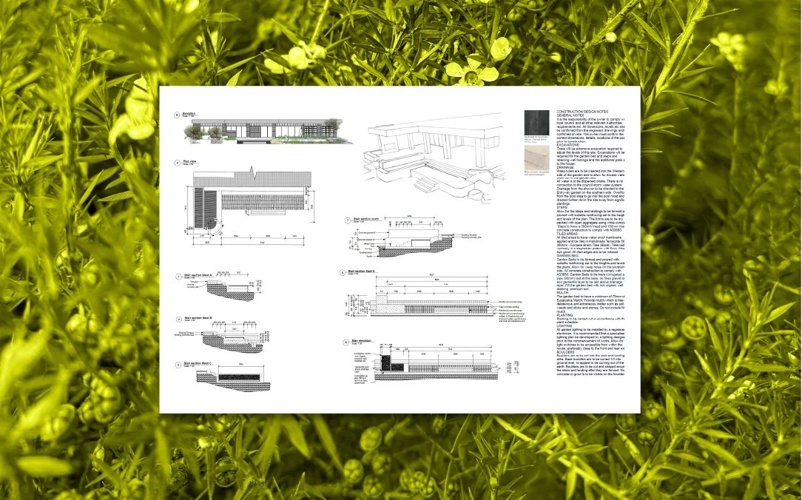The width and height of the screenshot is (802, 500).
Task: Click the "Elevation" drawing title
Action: (x=189, y=113)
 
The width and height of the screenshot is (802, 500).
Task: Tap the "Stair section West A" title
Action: (x=198, y=275)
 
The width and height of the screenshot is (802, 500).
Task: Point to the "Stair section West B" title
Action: (x=198, y=317)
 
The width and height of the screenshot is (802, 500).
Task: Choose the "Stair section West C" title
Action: (x=198, y=364)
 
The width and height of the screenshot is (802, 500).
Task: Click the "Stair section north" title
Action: (x=365, y=219)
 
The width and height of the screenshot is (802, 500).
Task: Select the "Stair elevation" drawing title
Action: (x=362, y=341)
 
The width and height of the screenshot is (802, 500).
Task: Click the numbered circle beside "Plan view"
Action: (x=177, y=161)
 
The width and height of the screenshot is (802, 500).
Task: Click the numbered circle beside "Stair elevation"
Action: (x=345, y=342)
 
